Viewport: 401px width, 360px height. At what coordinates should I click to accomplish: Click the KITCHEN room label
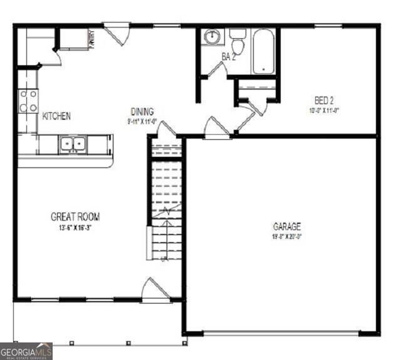(x=56, y=116)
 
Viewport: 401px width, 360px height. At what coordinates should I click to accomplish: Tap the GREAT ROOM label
(x=75, y=217)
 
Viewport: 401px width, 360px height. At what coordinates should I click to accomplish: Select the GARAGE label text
(x=287, y=226)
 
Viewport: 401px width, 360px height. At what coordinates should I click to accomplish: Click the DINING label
(x=142, y=112)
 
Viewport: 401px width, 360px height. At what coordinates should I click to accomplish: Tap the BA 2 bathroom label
(x=229, y=57)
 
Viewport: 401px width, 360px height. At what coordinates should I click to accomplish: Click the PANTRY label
(x=91, y=39)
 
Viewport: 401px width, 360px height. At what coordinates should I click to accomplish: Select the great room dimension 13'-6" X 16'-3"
(x=75, y=228)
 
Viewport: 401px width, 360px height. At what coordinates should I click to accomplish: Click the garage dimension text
(x=287, y=237)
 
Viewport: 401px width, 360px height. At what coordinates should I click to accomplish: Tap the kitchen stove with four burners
(x=28, y=102)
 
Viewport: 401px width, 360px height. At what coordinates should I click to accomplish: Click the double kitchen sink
(x=73, y=145)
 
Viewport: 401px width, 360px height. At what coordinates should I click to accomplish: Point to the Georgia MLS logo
(x=26, y=351)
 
